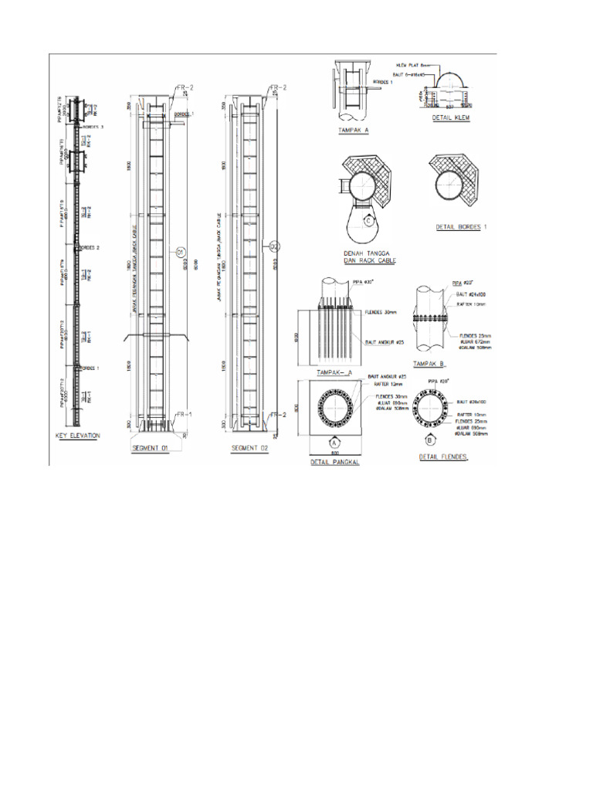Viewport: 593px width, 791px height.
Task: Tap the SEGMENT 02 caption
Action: point(249,448)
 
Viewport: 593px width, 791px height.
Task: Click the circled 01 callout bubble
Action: point(181,251)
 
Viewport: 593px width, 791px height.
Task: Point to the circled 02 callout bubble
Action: point(276,246)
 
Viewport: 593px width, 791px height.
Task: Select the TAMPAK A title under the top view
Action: point(354,131)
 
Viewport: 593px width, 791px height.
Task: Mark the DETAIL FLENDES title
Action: point(445,457)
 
